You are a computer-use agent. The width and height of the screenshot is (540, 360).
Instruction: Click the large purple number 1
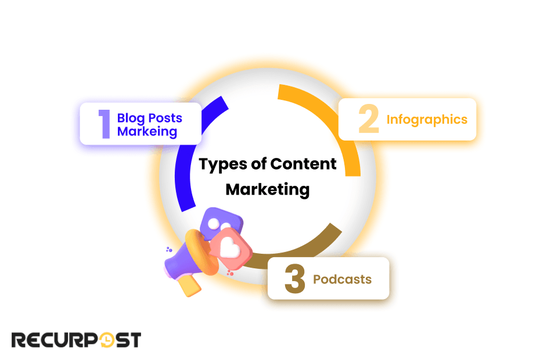click(105, 124)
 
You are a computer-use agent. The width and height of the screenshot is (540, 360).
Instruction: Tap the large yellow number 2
click(368, 119)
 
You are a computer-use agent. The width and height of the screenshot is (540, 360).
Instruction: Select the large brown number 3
click(294, 279)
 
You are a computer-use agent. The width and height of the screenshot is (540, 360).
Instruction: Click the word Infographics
click(427, 120)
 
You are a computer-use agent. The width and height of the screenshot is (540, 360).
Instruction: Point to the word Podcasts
click(342, 279)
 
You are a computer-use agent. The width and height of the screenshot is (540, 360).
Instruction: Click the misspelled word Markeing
click(147, 131)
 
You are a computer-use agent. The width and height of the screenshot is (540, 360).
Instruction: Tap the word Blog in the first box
click(130, 118)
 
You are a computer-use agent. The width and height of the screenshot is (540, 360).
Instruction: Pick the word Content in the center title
click(303, 164)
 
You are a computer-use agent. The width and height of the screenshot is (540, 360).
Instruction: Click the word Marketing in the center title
click(268, 189)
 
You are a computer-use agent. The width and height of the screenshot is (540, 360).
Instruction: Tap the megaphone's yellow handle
click(189, 285)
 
